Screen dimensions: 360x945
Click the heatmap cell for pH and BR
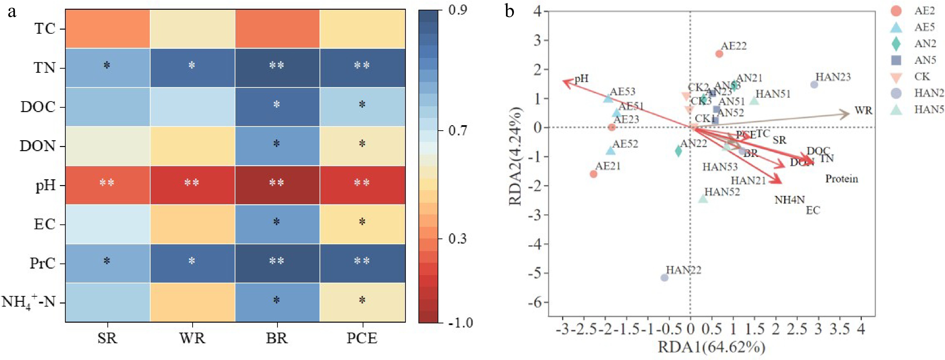coord(277,185)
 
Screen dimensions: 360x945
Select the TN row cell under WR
coord(192,67)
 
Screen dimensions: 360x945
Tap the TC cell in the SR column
coord(107,29)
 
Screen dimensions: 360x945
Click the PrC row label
coord(43,263)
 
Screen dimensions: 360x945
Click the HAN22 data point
coord(664,278)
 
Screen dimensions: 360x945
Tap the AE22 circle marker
coord(719,54)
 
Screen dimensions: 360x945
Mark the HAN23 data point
coord(814,85)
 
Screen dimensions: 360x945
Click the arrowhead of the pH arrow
coord(565,82)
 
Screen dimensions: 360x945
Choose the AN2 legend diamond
coord(896,44)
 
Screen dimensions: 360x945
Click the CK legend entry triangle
coord(896,77)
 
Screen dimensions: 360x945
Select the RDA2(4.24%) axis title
coord(515,156)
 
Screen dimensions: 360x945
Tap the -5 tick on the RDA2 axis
coord(537,273)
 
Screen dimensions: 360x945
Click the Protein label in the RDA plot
coord(841,179)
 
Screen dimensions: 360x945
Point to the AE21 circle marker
coord(593,174)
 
